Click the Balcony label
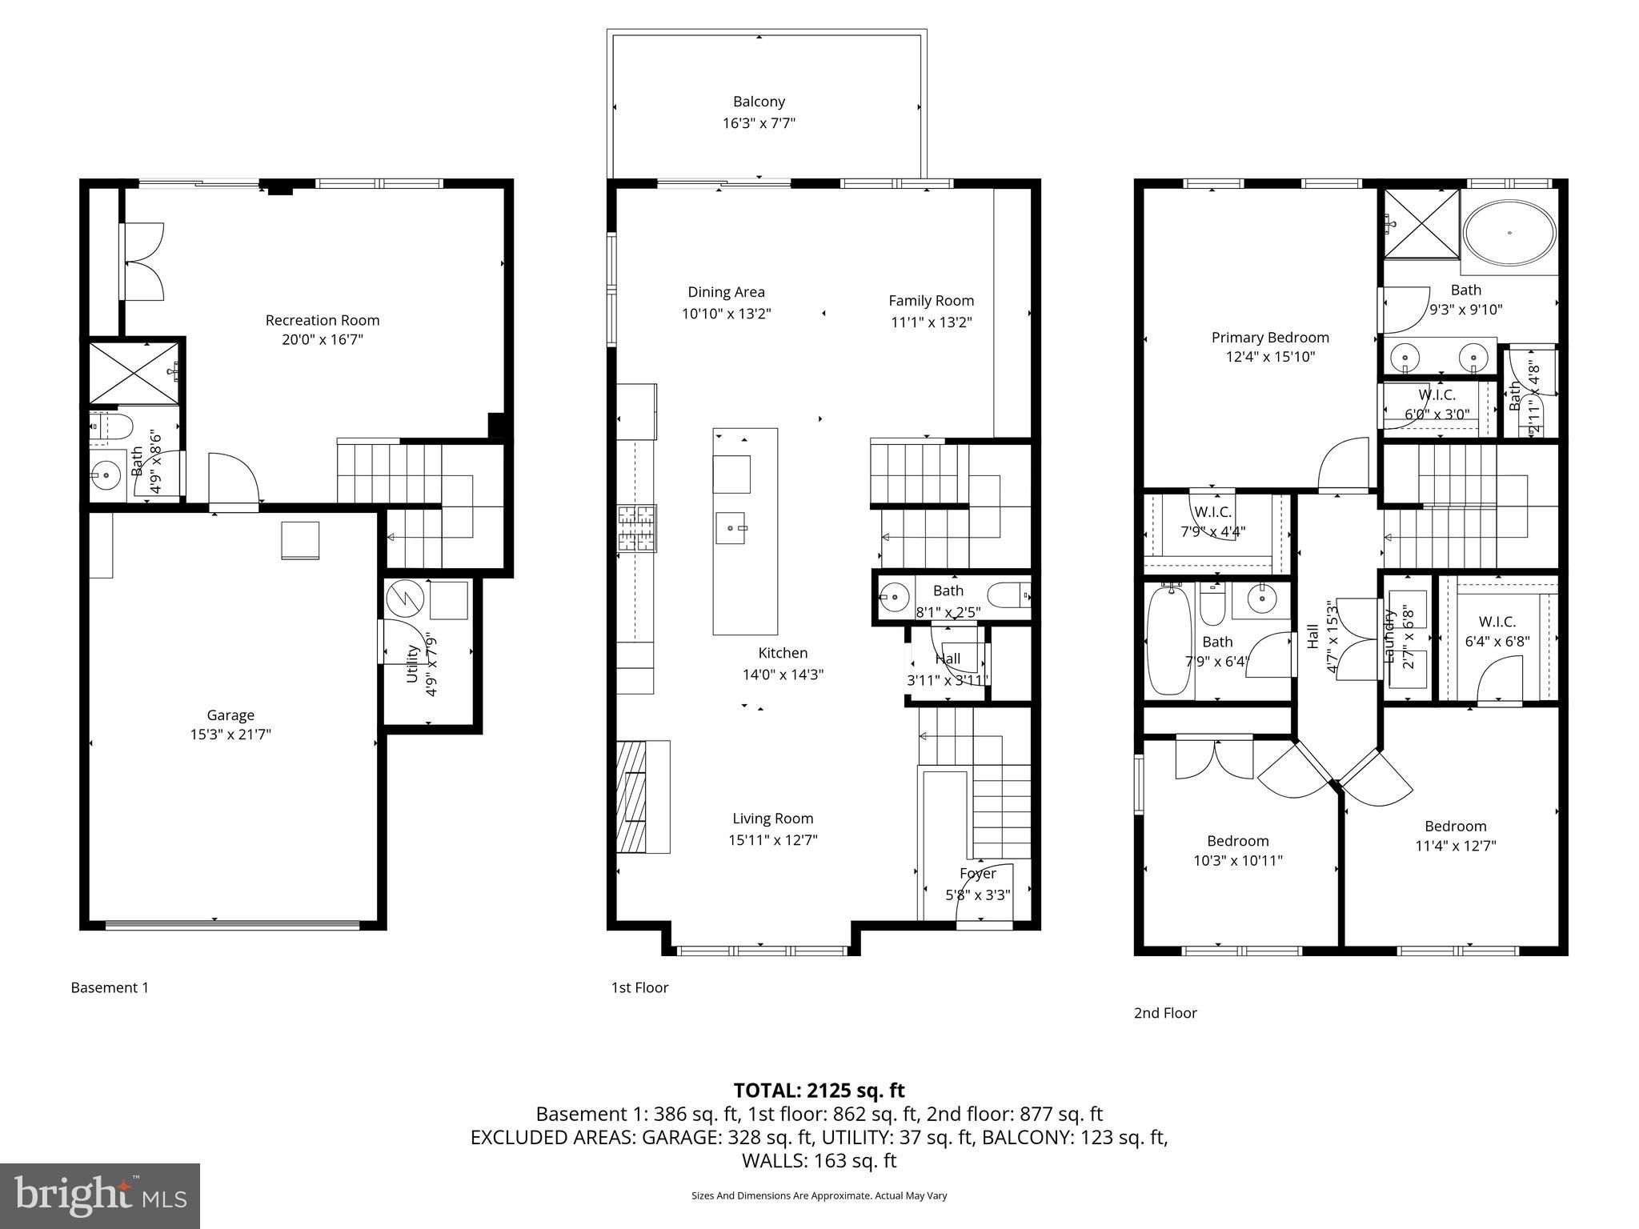[759, 102]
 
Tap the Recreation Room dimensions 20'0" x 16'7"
[322, 340]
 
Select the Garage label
[230, 715]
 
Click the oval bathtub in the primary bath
[1509, 233]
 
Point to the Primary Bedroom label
[1270, 338]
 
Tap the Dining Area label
[726, 292]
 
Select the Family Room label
[931, 301]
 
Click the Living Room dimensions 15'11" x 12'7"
[772, 840]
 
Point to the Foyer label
[978, 874]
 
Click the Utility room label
[413, 663]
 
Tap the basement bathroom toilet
[111, 426]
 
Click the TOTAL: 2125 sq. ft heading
[819, 1090]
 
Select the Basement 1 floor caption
[110, 987]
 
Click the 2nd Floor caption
[1165, 1013]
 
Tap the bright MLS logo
[100, 1195]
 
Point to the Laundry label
[1390, 637]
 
